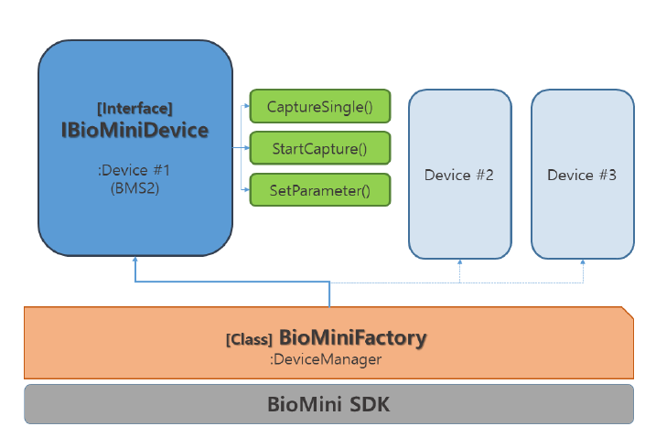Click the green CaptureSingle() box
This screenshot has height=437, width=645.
(x=320, y=106)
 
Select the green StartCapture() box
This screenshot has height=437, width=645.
(x=320, y=148)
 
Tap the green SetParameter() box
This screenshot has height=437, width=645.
(x=320, y=190)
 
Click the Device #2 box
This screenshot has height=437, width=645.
(x=459, y=174)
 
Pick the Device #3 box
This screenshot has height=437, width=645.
(x=582, y=174)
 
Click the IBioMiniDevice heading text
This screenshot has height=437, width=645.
(x=134, y=131)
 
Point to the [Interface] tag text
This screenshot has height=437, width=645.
(x=134, y=109)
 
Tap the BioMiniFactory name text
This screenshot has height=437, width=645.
(x=352, y=338)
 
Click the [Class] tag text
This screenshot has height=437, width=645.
(x=249, y=340)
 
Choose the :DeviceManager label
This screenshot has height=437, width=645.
(x=326, y=359)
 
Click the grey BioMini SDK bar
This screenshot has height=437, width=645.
(x=328, y=404)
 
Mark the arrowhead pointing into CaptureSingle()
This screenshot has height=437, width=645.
(x=247, y=106)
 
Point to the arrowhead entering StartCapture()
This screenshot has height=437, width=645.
(x=247, y=148)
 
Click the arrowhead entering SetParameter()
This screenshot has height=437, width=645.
(x=247, y=189)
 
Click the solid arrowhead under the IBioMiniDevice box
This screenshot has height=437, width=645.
(x=135, y=262)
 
